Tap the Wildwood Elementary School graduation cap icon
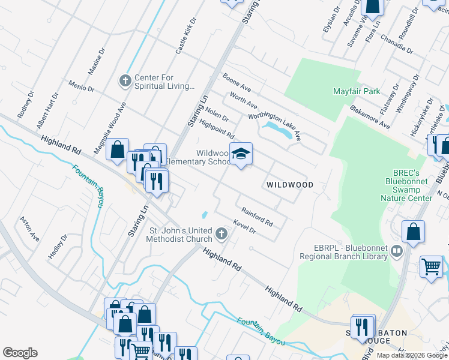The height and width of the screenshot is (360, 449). (x=241, y=154)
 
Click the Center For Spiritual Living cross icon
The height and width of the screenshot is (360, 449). (x=125, y=80)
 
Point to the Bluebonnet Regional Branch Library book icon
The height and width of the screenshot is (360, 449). (x=396, y=251)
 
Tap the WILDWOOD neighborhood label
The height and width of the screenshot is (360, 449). (x=290, y=185)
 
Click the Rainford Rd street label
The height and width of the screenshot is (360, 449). (x=257, y=217)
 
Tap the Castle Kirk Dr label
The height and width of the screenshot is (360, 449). (x=185, y=37)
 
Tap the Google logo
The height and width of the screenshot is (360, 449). (x=20, y=353)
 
